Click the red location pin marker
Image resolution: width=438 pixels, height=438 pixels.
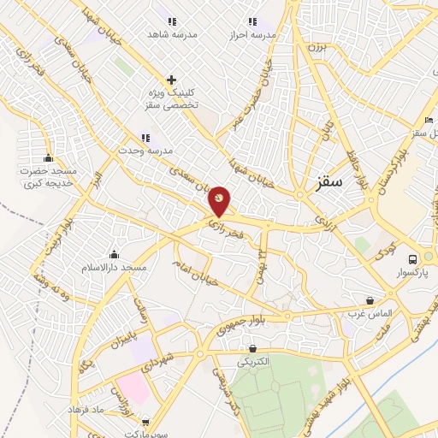[x=220, y=201]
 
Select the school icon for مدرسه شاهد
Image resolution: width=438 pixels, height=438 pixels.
[x=172, y=21]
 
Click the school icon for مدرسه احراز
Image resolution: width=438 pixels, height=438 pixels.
[x=252, y=21]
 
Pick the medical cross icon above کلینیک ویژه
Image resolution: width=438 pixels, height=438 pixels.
[x=172, y=79]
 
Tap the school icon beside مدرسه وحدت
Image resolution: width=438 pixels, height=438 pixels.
[x=145, y=137]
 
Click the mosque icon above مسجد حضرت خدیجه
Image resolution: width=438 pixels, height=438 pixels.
[x=48, y=157]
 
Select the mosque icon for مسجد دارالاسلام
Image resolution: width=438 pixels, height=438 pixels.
[x=114, y=254]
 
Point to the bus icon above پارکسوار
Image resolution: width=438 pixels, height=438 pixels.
[x=413, y=259]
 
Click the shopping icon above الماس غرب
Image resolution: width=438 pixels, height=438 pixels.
[x=370, y=300]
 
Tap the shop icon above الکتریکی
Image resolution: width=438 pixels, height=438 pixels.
[x=252, y=348]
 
